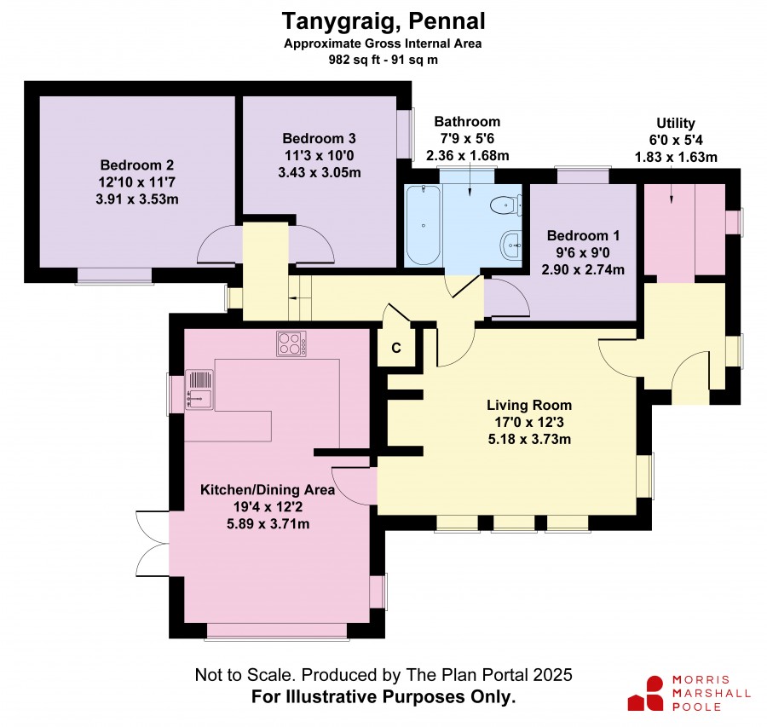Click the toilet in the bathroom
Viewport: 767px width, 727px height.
506,205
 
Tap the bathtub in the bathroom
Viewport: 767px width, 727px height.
423,226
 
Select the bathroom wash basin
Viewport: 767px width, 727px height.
511,244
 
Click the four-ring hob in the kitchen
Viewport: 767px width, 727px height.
291,343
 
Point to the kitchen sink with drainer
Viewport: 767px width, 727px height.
199,389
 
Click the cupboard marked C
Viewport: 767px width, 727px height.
396,348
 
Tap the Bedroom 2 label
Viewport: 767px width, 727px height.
137,164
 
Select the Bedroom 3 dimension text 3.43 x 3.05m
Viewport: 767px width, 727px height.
320,173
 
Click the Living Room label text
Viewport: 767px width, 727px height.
529,405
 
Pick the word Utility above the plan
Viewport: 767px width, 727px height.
676,123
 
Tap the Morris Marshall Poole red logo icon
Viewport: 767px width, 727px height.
646,693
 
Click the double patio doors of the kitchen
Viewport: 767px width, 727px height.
153,544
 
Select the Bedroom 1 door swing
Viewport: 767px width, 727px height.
507,297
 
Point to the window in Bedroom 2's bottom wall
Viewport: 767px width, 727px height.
114,276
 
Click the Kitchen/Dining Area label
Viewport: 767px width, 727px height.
268,490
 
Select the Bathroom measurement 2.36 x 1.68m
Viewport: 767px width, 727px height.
468,156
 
